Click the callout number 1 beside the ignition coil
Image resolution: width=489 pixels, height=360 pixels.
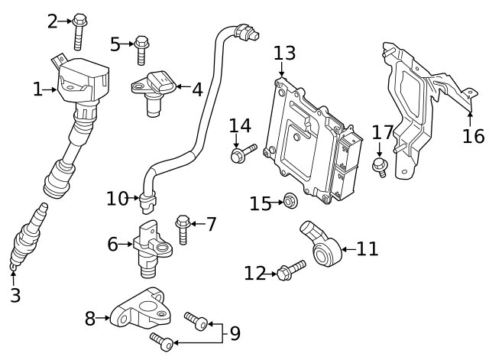coord(37,89)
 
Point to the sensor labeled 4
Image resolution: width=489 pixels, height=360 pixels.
coord(155,92)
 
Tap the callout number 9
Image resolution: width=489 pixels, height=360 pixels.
coord(235,333)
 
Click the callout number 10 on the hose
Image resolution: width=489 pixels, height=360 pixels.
coord(117,199)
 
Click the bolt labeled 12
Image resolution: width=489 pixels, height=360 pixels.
coord(290,270)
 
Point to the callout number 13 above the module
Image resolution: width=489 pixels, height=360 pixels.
coord(284,53)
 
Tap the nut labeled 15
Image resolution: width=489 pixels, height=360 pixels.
coord(290,202)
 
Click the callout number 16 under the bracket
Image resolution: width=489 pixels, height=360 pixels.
coord(474,136)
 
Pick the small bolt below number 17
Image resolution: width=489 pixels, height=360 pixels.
coord(378,166)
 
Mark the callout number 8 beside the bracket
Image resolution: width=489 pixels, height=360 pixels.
coord(90,319)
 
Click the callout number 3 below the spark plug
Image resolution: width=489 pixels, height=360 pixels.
coord(15,295)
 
